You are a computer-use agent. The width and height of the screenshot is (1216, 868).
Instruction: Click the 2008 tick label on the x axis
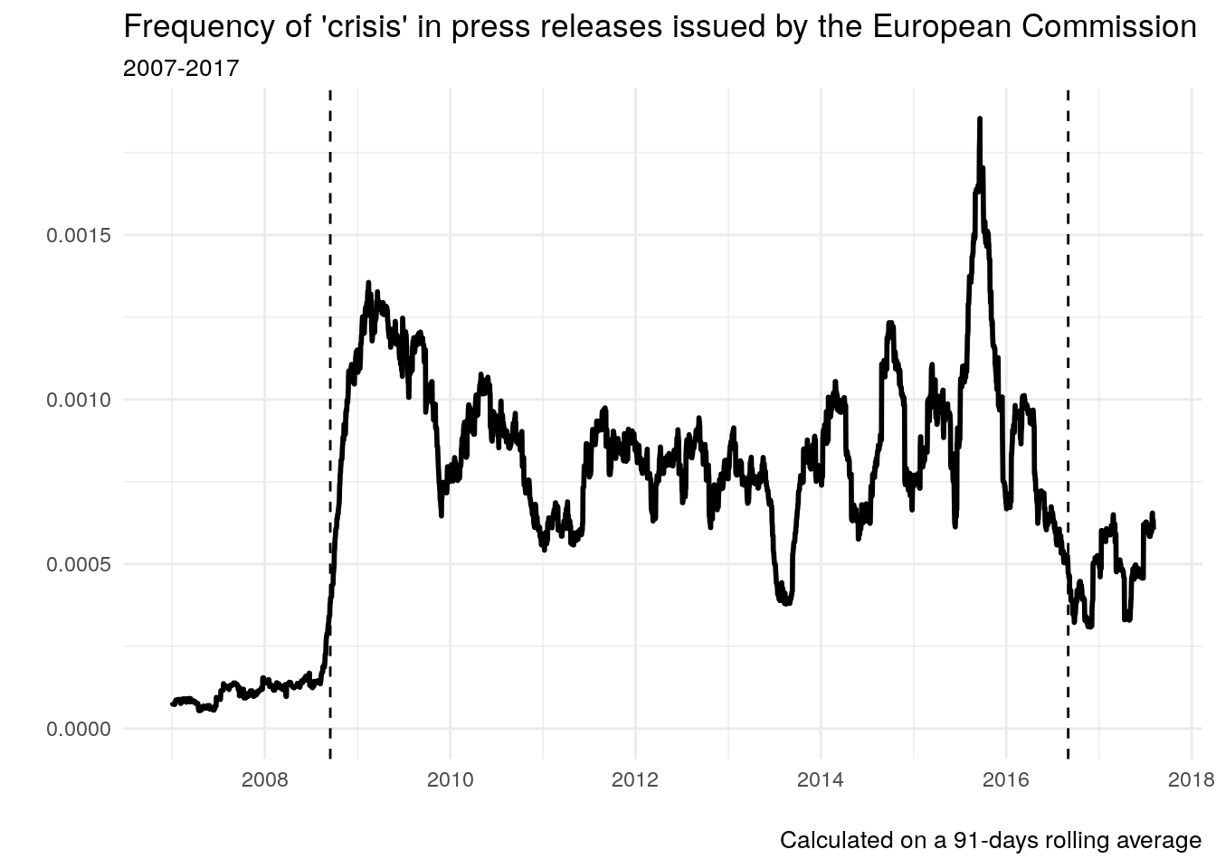[264, 780]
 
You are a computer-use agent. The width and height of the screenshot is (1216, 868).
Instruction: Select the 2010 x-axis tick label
[450, 780]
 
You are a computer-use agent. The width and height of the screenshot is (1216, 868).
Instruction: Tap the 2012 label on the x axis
[635, 780]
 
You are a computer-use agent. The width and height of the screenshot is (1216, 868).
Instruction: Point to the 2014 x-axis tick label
[821, 780]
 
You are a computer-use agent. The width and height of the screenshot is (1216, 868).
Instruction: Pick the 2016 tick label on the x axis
[1006, 780]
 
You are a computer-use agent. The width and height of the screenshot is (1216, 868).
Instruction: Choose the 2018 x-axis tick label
[1191, 780]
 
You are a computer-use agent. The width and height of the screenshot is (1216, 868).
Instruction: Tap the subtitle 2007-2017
[181, 68]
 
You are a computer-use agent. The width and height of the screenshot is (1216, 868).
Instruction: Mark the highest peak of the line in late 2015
[980, 119]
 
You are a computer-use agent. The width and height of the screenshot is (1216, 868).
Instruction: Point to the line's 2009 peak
[368, 284]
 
